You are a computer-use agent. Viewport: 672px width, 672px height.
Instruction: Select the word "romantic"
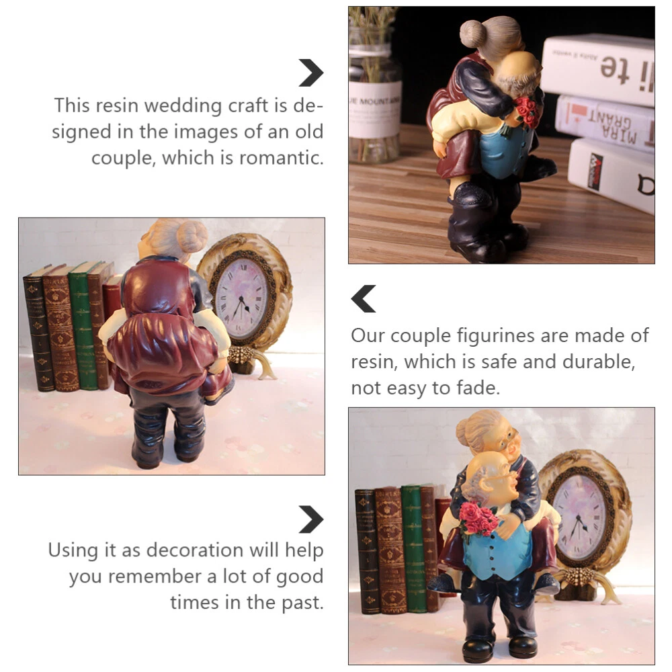[281, 158]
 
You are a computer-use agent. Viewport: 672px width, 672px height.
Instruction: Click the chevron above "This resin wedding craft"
[310, 73]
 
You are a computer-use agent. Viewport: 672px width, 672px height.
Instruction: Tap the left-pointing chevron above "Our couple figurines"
[364, 298]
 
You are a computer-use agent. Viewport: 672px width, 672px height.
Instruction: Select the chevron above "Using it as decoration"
[310, 519]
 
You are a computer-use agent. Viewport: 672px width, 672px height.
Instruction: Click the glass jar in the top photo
[374, 86]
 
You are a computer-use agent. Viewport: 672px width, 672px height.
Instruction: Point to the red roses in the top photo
[526, 112]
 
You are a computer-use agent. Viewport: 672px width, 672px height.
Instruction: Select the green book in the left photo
[84, 326]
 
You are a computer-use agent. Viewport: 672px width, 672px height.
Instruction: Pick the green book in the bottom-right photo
[414, 548]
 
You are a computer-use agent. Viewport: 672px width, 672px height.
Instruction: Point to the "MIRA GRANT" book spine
[604, 122]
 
